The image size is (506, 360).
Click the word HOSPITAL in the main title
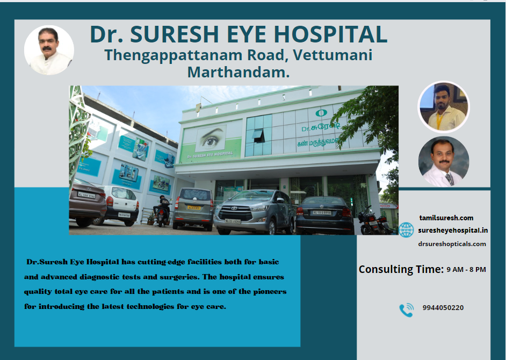[331, 34]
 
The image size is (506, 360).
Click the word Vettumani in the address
[332, 55]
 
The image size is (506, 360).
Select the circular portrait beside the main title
[49, 50]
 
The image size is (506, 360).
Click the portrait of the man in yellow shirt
[444, 106]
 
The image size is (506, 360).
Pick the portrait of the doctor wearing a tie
[444, 161]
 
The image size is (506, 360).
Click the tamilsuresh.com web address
[446, 218]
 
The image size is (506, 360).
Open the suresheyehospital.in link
[453, 231]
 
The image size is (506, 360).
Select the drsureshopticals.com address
[452, 244]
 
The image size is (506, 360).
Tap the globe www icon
[406, 230]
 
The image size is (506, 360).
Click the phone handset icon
[406, 310]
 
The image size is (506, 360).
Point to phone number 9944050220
[443, 308]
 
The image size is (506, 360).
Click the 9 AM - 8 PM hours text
[466, 270]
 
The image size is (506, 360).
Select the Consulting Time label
[401, 269]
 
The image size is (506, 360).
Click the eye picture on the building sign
[211, 139]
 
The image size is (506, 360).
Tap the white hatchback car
[119, 205]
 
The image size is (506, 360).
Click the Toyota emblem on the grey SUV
[234, 208]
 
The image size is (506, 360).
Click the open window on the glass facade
[258, 136]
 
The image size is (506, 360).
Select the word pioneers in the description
[270, 292]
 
